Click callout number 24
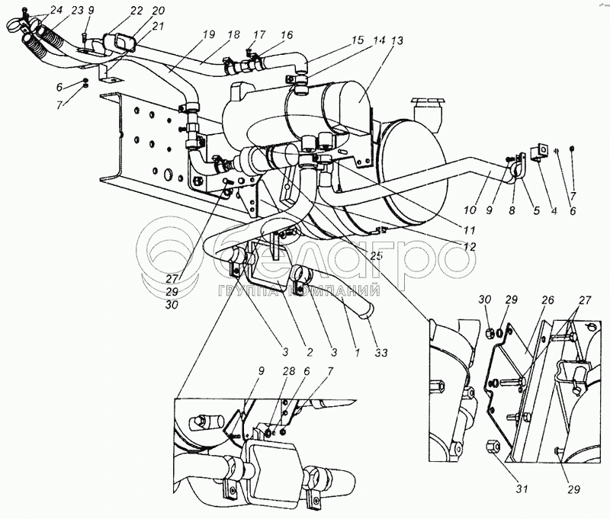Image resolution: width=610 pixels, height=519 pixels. [x=36, y=10]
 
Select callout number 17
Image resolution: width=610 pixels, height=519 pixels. [x=260, y=34]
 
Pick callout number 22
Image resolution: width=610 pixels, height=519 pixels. [x=136, y=10]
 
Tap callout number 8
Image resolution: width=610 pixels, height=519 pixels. [x=512, y=208]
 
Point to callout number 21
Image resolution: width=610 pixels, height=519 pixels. [x=158, y=25]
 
